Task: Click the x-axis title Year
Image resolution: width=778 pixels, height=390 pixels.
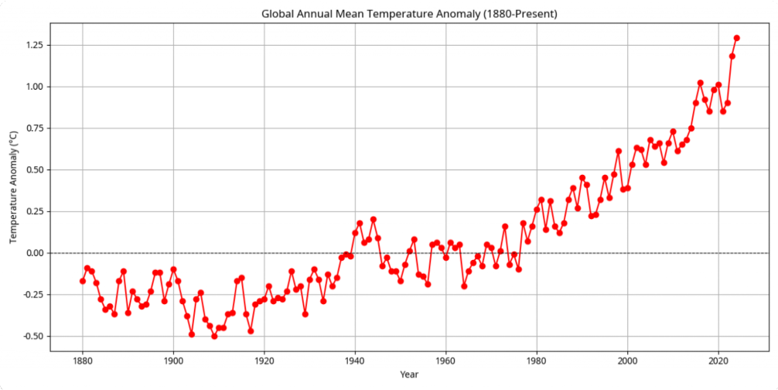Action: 411,375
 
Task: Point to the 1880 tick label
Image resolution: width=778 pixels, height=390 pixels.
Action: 82,361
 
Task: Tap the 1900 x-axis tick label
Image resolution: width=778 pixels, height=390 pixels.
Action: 173,361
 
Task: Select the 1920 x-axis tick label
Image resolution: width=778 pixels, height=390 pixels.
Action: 264,361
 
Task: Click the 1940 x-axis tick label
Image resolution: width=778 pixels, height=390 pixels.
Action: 355,361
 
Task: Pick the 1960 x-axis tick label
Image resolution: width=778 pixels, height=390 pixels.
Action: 445,361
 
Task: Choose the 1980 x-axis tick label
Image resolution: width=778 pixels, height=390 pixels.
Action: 537,361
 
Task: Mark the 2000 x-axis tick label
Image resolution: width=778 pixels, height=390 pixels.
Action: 627,361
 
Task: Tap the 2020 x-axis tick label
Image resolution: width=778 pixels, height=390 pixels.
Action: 718,361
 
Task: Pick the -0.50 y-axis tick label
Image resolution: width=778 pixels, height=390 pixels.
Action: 33,337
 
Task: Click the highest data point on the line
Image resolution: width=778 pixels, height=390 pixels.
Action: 736,38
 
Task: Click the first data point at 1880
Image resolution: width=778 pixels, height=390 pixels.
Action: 82,281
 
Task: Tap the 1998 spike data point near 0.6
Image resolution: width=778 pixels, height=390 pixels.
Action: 618,151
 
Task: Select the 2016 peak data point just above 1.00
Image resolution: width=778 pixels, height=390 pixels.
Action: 700,83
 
